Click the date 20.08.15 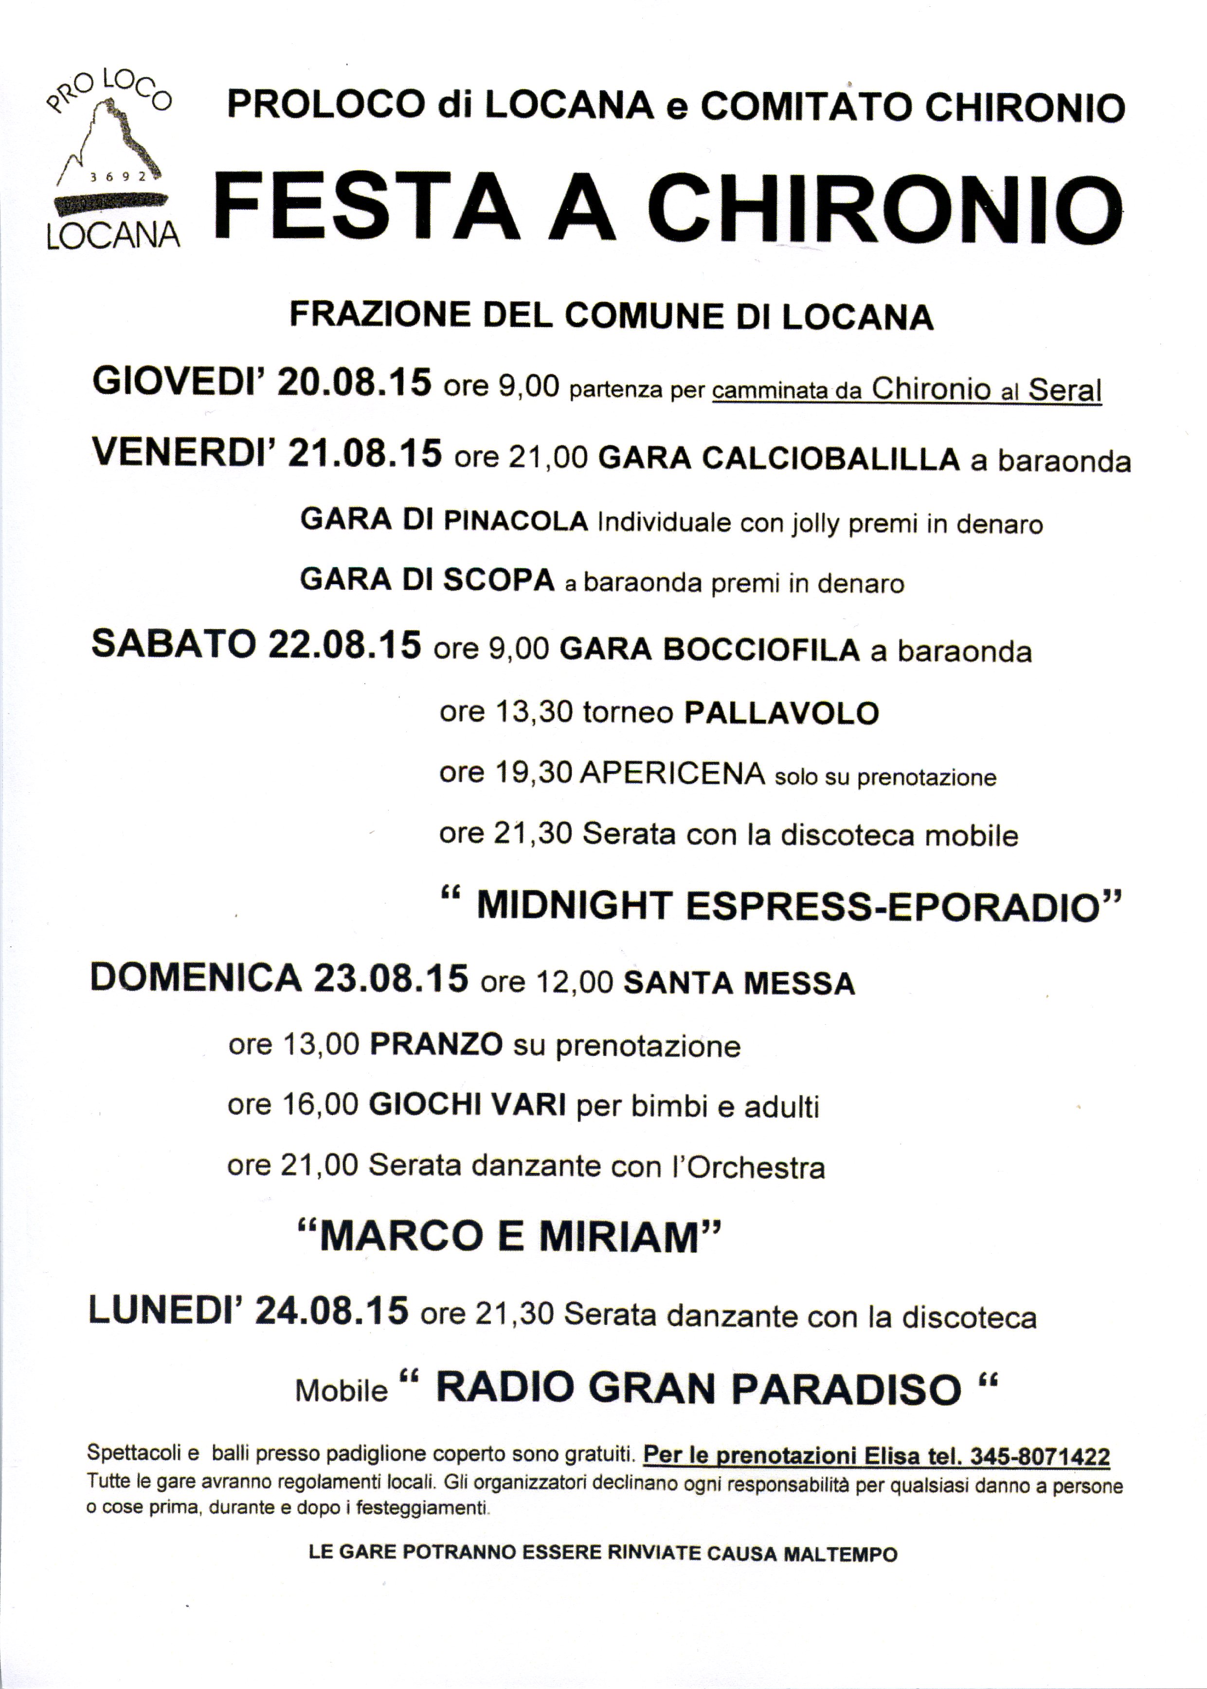tap(354, 384)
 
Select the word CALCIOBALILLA tap(779, 459)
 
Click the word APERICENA tap(673, 774)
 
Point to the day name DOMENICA tap(196, 978)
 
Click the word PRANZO tap(436, 1045)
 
